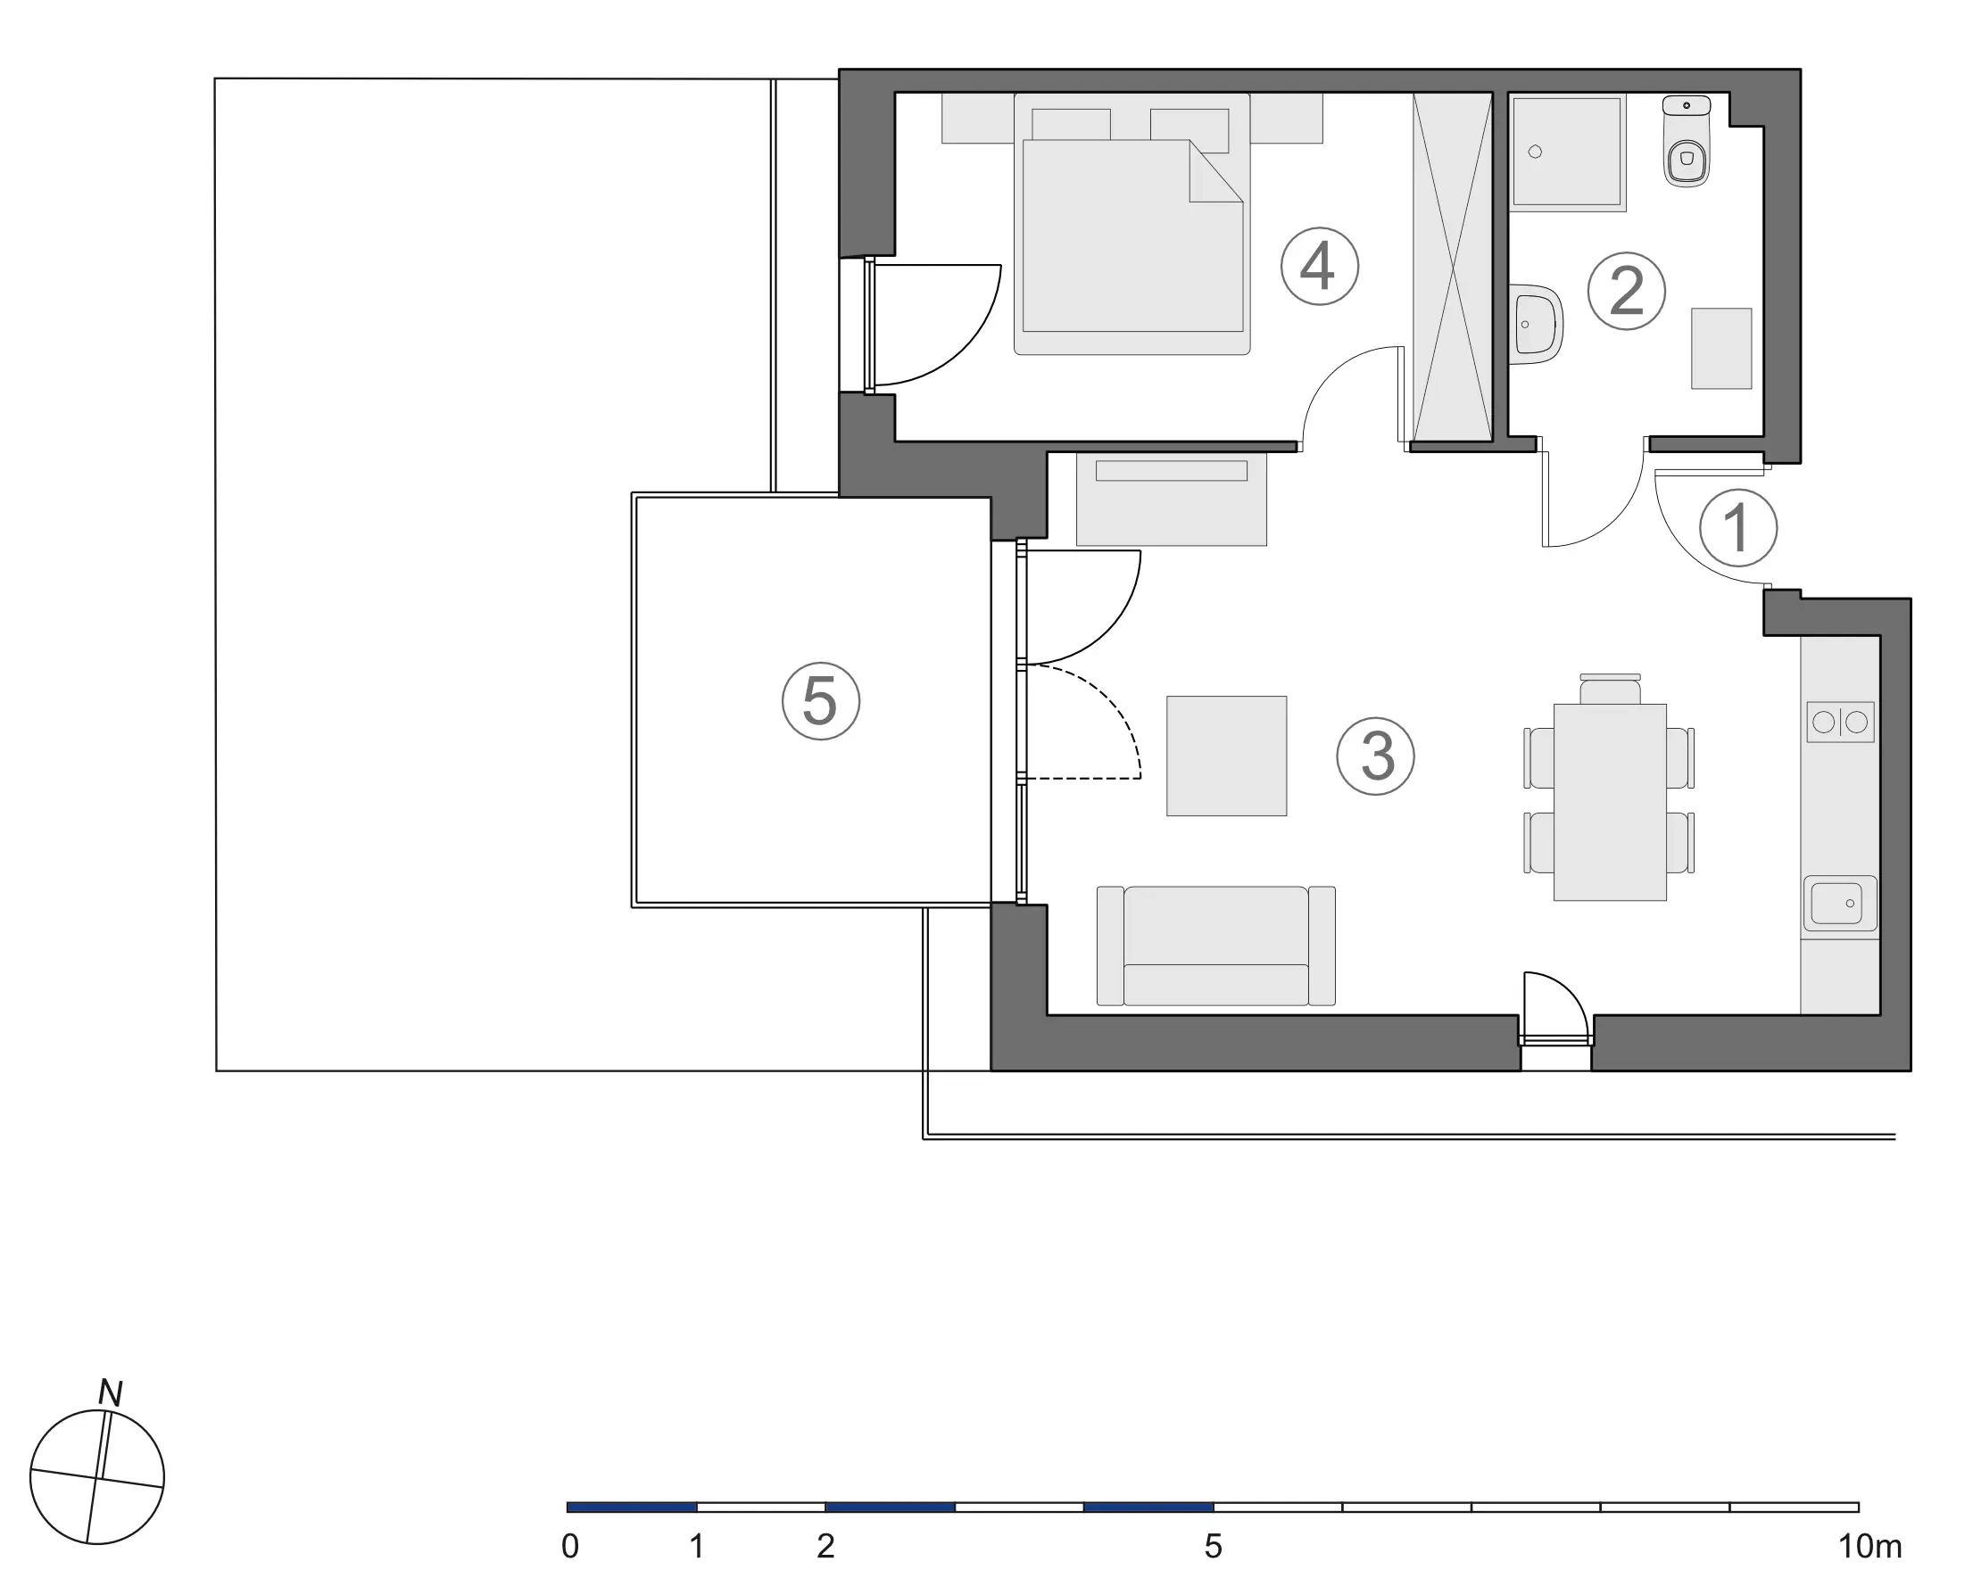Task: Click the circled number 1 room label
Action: pos(1737,528)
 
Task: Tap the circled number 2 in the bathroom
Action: pos(1626,292)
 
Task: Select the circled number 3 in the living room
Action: pos(1375,756)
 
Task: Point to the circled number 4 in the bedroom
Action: pos(1319,266)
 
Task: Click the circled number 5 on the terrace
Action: pos(821,701)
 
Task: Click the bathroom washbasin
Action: pos(1538,324)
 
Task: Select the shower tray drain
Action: pos(1535,152)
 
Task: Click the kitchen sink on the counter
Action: pos(1839,903)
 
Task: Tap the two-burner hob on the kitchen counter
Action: pos(1840,722)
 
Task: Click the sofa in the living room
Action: pos(1215,945)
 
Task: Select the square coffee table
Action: pos(1226,756)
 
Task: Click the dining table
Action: pos(1610,801)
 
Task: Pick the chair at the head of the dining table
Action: pos(1610,689)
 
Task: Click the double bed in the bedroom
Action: pos(1132,223)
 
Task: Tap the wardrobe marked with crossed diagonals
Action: pos(1454,266)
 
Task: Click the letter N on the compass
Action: pos(110,1393)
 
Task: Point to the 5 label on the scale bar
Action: pos(1213,1546)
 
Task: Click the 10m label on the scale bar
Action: pos(1869,1546)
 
